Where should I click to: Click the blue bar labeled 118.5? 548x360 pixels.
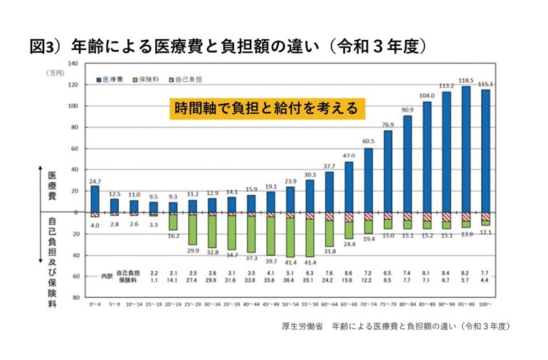point(466,149)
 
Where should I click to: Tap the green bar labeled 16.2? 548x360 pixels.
point(172,222)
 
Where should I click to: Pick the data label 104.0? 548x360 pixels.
point(428,95)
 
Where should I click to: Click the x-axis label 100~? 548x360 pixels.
point(485,304)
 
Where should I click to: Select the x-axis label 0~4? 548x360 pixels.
point(95,304)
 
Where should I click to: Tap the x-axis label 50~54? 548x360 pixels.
point(290,304)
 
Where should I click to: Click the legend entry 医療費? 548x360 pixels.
point(112,78)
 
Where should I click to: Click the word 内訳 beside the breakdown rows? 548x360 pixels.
point(106,275)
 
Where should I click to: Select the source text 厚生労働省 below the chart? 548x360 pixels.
point(302,326)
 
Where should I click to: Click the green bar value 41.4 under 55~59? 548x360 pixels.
point(310,263)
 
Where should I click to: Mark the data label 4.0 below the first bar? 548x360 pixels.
point(95,226)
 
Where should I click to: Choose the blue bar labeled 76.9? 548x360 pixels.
point(388,171)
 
